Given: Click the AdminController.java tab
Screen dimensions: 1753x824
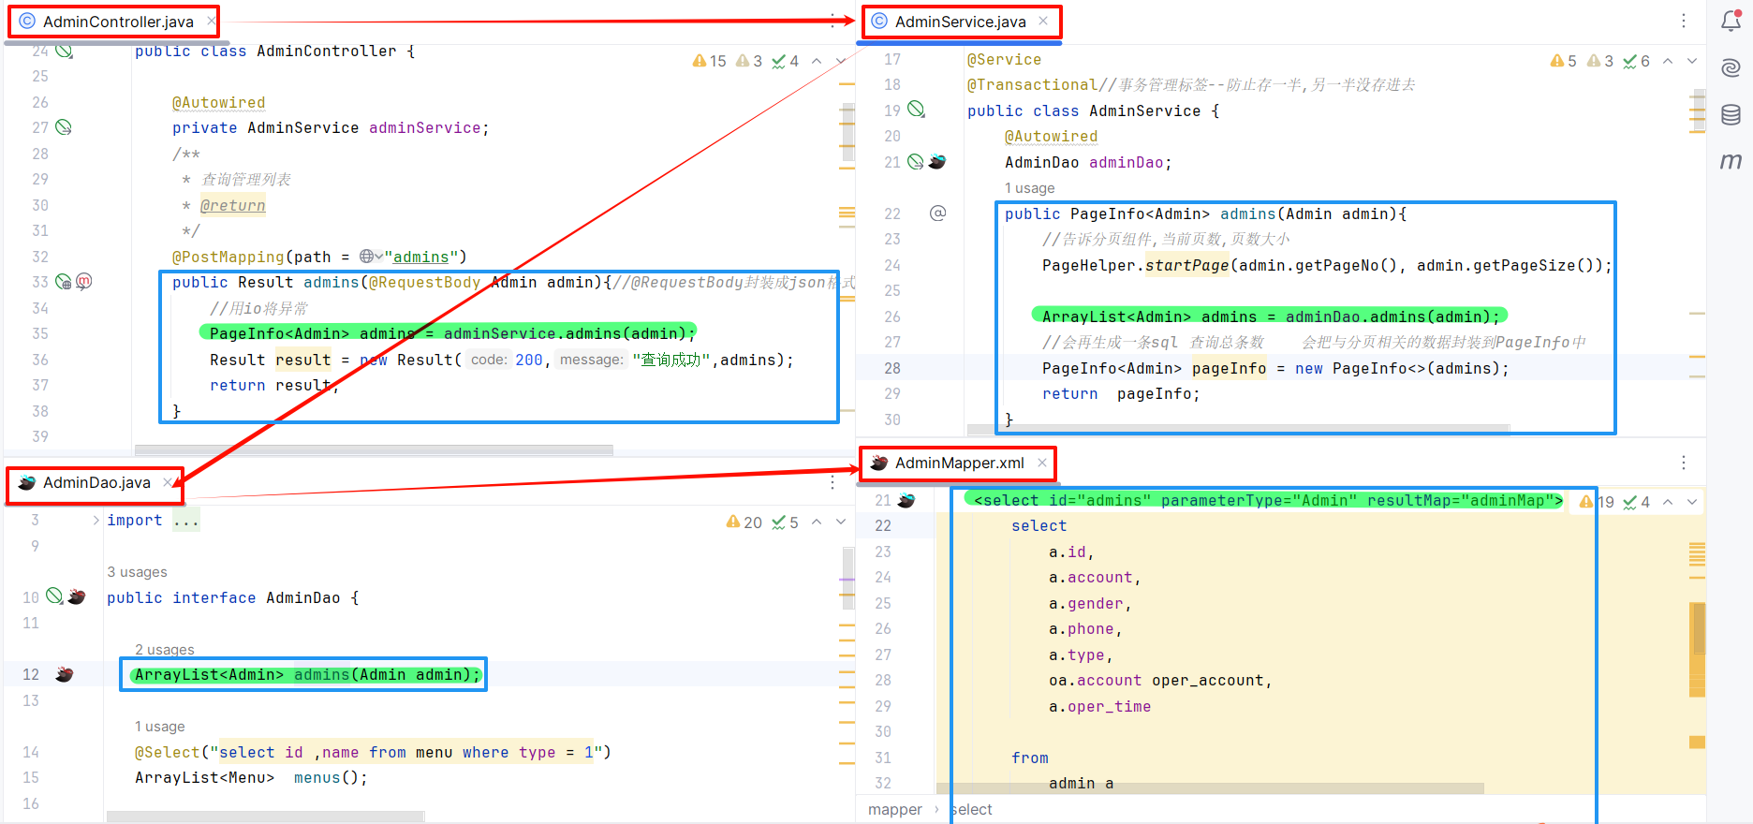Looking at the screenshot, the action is pyautogui.click(x=118, y=22).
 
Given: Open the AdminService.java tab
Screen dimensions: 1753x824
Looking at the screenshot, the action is pyautogui.click(x=960, y=22).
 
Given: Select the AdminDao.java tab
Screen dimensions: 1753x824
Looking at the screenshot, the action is pyautogui.click(x=96, y=482).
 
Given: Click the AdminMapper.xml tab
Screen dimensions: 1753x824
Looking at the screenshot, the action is pyautogui.click(x=959, y=463).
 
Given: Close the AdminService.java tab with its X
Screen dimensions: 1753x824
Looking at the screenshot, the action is pyautogui.click(x=1043, y=21).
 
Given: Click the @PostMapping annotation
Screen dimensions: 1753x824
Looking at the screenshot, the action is pyautogui.click(x=228, y=257).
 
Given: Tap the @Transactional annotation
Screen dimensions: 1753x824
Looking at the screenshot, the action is pyautogui.click(x=1031, y=85).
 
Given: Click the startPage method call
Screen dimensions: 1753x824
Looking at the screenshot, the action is pyautogui.click(x=1186, y=266).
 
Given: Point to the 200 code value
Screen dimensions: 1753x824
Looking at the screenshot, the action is pyautogui.click(x=528, y=360).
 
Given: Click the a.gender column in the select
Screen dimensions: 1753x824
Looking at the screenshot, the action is pyautogui.click(x=1085, y=604).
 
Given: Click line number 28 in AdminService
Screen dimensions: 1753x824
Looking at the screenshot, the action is pyautogui.click(x=891, y=369).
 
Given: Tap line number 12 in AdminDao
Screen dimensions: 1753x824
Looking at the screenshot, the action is pyautogui.click(x=31, y=674).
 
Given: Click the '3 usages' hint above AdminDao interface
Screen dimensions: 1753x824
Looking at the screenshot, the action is pyautogui.click(x=137, y=572).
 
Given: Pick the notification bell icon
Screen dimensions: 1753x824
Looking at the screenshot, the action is pyautogui.click(x=1731, y=21).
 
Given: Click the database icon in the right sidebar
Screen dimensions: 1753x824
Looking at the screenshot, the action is pyautogui.click(x=1731, y=115).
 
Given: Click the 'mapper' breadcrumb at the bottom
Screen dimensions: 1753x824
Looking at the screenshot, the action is pyautogui.click(x=894, y=810).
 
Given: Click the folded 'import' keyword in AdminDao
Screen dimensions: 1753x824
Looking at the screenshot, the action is pyautogui.click(x=134, y=521).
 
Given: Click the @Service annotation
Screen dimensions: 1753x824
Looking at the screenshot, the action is pyautogui.click(x=1004, y=60).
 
